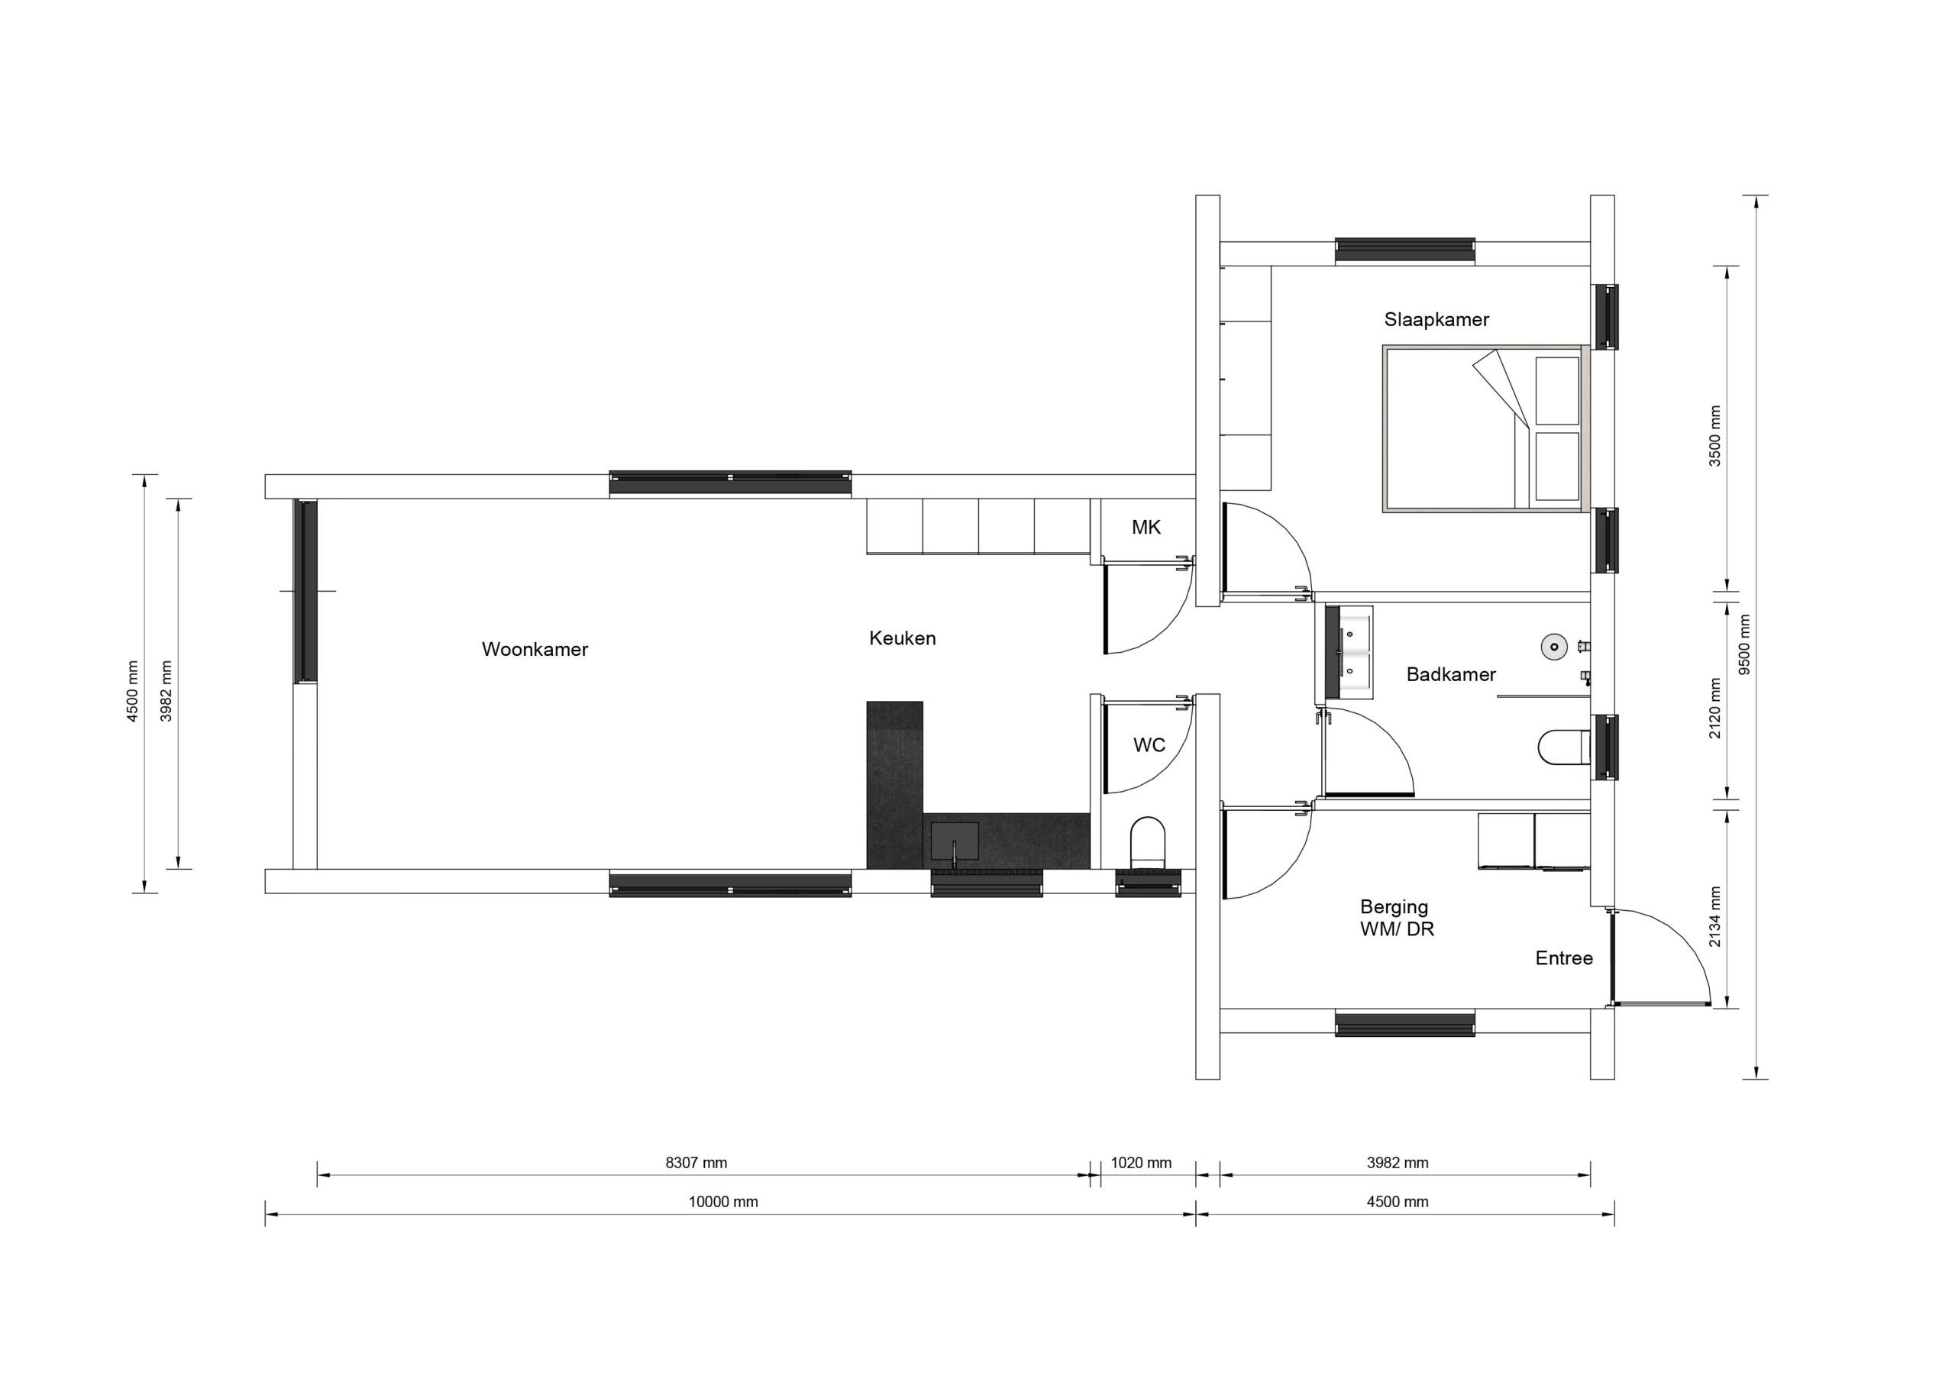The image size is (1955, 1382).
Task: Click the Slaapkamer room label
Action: (x=1436, y=320)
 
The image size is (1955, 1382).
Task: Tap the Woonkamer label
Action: (x=535, y=650)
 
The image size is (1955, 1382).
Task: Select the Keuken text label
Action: (x=902, y=638)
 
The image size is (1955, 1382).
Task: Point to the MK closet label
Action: (x=1146, y=528)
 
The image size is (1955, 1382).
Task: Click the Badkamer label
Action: (x=1451, y=675)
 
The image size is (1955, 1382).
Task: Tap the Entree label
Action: (x=1563, y=959)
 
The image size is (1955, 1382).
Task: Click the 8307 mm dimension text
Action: (x=696, y=1163)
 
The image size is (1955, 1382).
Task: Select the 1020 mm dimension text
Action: (x=1141, y=1163)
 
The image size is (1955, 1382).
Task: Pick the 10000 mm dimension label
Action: (x=723, y=1203)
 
